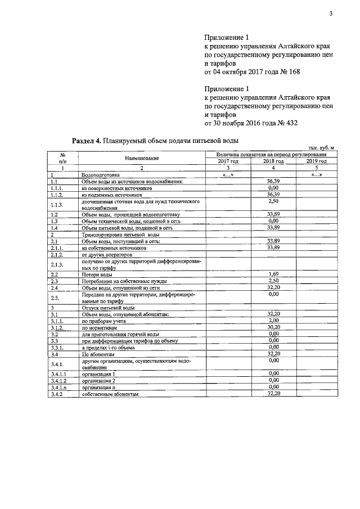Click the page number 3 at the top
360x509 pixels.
[331, 14]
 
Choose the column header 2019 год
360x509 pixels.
[316, 161]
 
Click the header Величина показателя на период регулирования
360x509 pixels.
[272, 154]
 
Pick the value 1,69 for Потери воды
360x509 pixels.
[273, 274]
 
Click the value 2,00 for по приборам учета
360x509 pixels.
[273, 319]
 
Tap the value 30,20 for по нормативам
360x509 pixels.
[273, 326]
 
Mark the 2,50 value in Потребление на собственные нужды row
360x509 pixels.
[273, 281]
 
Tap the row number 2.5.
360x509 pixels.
[55, 297]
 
